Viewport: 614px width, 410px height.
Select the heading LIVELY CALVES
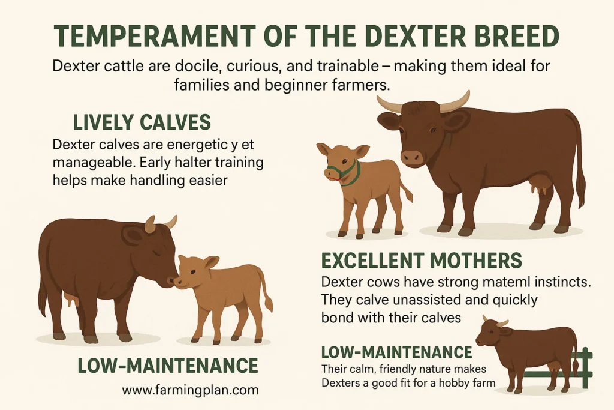pos(142,122)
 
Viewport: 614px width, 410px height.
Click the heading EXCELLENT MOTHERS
pos(422,260)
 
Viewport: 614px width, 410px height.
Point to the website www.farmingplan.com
pos(190,390)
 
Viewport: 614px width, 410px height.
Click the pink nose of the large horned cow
pos(412,157)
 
